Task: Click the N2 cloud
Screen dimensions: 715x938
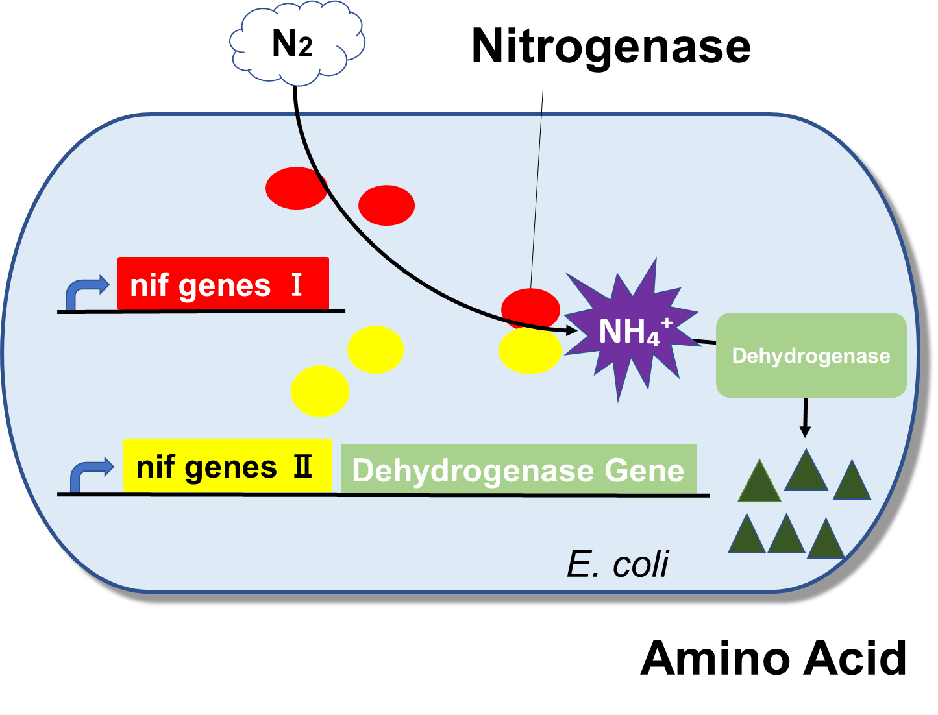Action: coord(296,43)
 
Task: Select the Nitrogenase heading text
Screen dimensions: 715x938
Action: coord(611,47)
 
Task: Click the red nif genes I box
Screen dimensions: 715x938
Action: coord(223,284)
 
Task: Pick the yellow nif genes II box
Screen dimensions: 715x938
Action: coord(227,465)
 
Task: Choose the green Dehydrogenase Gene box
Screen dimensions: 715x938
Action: coord(518,469)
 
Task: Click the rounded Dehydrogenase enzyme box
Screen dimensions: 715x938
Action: coord(811,355)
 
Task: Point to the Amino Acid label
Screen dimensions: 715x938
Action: coord(773,658)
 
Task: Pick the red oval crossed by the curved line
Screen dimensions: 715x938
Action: coord(296,188)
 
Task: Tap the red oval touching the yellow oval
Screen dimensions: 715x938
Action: coord(531,308)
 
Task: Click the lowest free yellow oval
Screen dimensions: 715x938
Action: coord(319,391)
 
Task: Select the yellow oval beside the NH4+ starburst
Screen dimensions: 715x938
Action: coord(530,351)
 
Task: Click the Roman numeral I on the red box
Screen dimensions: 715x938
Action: coord(297,285)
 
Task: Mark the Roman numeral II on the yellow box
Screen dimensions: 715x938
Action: coord(302,467)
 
